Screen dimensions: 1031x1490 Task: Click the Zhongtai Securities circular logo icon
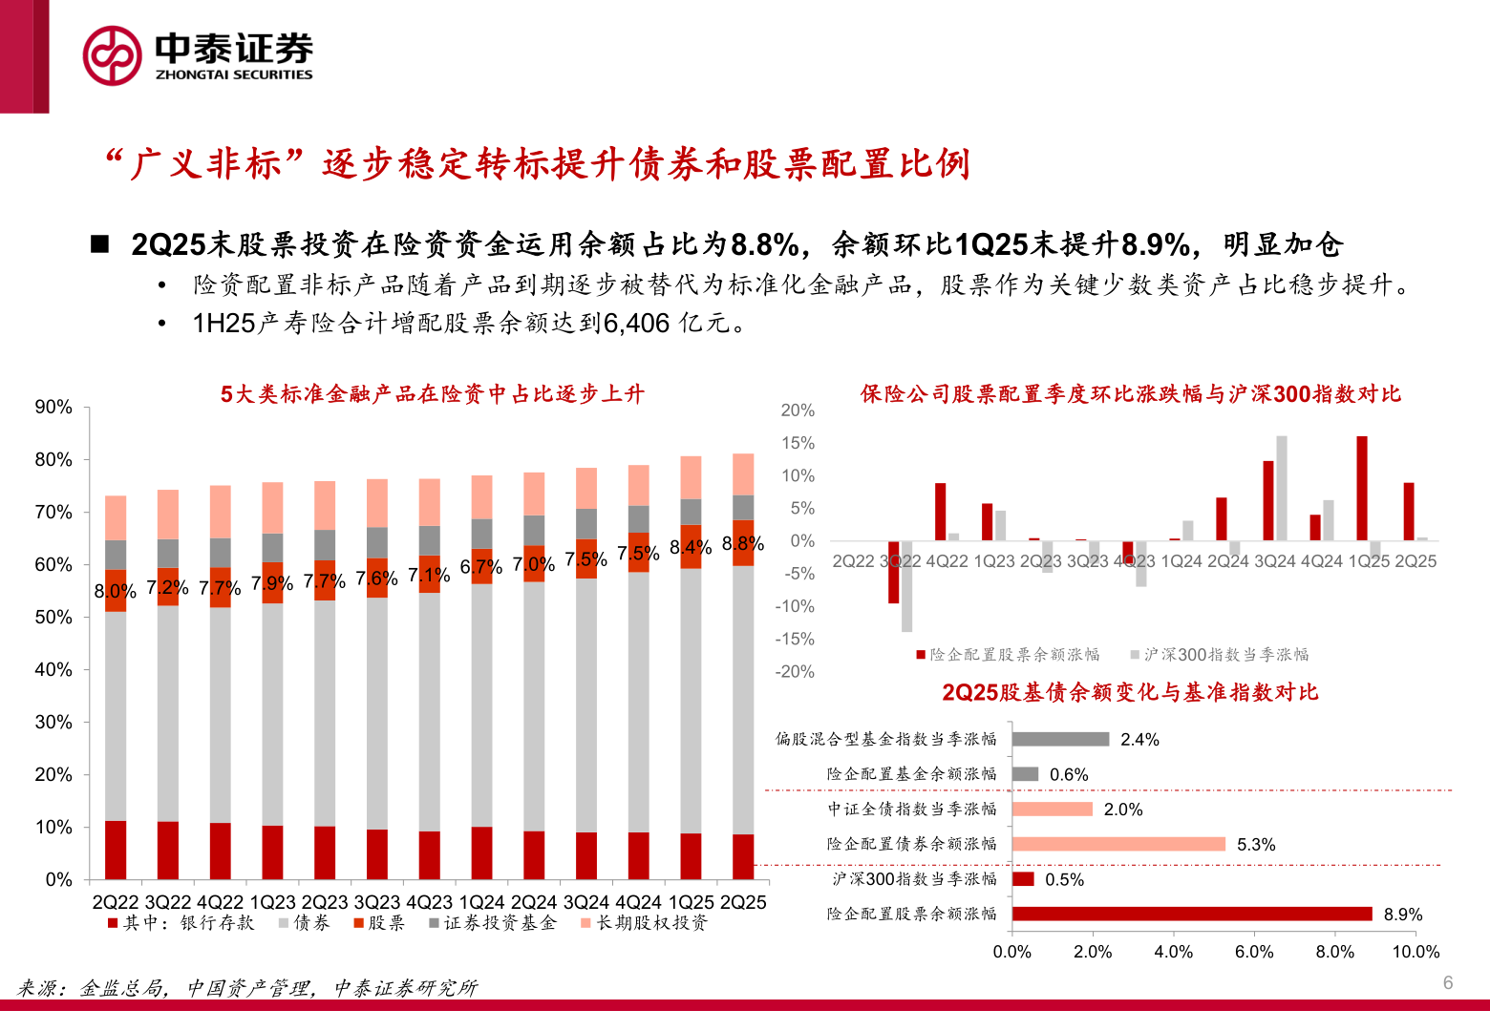click(x=112, y=55)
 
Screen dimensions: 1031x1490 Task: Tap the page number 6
click(x=1448, y=982)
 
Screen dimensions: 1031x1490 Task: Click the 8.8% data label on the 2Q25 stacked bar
click(x=743, y=543)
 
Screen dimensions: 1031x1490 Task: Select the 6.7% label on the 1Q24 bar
click(x=481, y=566)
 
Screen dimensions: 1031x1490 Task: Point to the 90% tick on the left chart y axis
click(x=53, y=407)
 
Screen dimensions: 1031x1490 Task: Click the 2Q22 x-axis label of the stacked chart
click(x=116, y=902)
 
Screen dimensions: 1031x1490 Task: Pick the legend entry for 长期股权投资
click(x=644, y=923)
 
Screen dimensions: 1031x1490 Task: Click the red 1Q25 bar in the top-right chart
click(x=1362, y=488)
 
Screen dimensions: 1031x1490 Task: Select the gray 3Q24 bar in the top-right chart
click(x=1282, y=488)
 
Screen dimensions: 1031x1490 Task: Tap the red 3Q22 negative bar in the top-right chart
click(x=893, y=572)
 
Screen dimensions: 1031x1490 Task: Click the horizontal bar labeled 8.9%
click(x=1192, y=914)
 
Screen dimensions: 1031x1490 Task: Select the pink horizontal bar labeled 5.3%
click(x=1118, y=844)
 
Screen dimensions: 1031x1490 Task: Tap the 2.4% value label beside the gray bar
click(x=1139, y=740)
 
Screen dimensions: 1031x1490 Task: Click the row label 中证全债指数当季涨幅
click(x=911, y=810)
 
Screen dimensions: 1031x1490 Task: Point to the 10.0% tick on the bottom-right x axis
click(x=1415, y=952)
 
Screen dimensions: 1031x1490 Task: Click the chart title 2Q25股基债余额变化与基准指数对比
click(x=1130, y=692)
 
